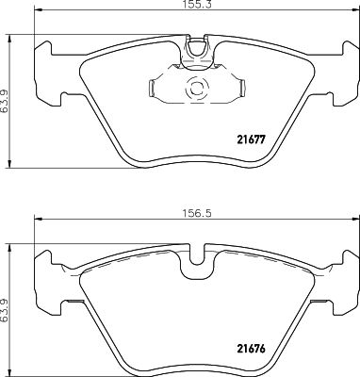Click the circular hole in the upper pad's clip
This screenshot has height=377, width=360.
click(198, 90)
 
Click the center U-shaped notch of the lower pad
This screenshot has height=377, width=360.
click(197, 254)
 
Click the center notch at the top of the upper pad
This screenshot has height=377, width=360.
click(197, 46)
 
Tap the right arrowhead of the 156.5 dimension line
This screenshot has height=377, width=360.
click(353, 221)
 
